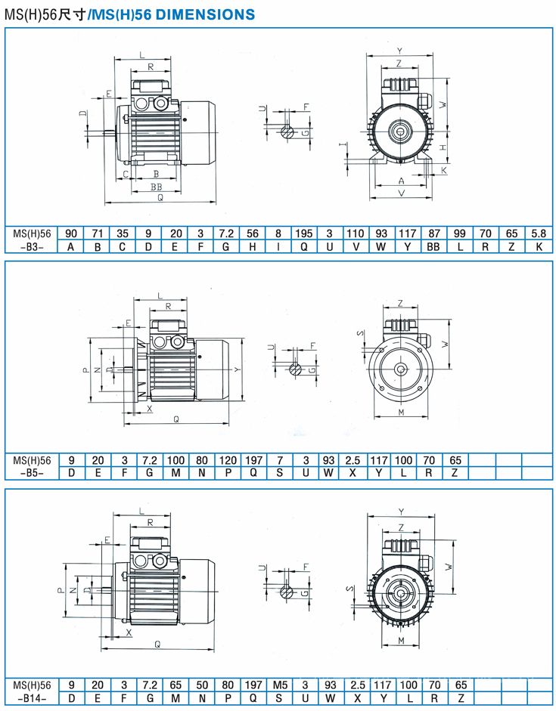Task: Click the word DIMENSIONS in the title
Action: [x=205, y=14]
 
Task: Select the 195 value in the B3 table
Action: [x=303, y=233]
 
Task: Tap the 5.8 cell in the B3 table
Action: [x=539, y=233]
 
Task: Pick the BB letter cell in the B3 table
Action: [x=433, y=246]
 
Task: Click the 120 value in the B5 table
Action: [x=228, y=460]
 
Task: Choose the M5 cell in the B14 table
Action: [x=280, y=685]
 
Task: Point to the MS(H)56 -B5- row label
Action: [x=32, y=467]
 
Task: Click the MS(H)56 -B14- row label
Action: [x=32, y=691]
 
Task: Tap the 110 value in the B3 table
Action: [x=355, y=233]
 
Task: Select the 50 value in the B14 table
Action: [x=202, y=685]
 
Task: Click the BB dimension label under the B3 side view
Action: [x=157, y=187]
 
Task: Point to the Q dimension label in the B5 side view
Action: [x=176, y=419]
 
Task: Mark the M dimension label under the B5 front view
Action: [x=401, y=413]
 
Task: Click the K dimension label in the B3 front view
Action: [x=444, y=170]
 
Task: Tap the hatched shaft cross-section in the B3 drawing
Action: [x=287, y=132]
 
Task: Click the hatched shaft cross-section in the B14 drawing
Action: [x=286, y=592]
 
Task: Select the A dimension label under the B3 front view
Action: [x=401, y=181]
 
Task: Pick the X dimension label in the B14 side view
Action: [x=129, y=632]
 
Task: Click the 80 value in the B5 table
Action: [x=202, y=460]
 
